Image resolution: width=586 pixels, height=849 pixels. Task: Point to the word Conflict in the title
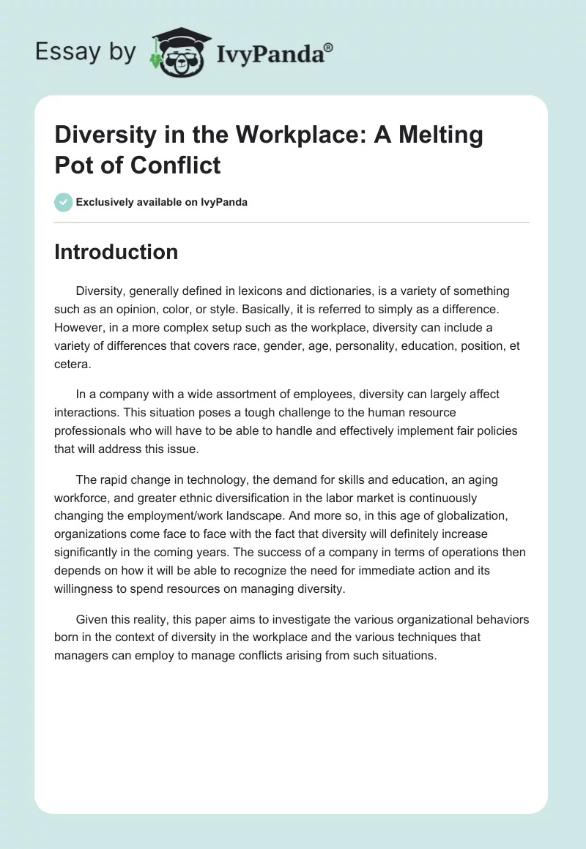point(176,165)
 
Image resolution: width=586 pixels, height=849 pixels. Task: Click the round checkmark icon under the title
point(64,202)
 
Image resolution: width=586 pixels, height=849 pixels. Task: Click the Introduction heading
point(116,252)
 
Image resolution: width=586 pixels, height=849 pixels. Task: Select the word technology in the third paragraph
point(222,479)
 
